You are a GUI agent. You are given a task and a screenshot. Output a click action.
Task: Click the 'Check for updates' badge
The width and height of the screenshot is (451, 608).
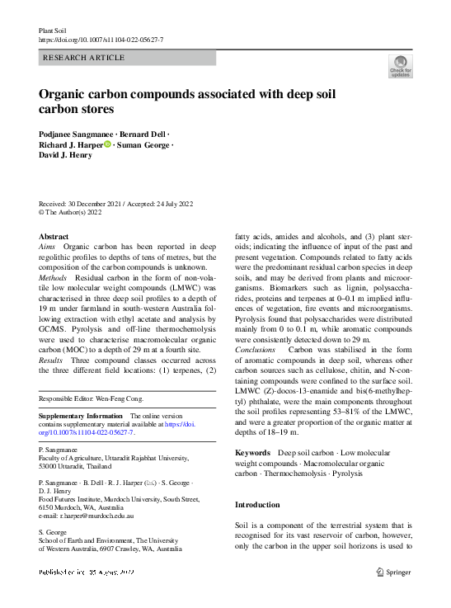(400, 66)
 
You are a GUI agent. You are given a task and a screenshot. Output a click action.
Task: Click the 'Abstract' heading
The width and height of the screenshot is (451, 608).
(54, 236)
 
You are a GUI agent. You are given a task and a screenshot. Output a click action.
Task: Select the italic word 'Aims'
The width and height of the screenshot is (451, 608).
(48, 247)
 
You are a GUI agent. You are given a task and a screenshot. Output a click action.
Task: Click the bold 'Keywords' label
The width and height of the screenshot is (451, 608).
(252, 453)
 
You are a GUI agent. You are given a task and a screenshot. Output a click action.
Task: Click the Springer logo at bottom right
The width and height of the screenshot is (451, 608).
(395, 571)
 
